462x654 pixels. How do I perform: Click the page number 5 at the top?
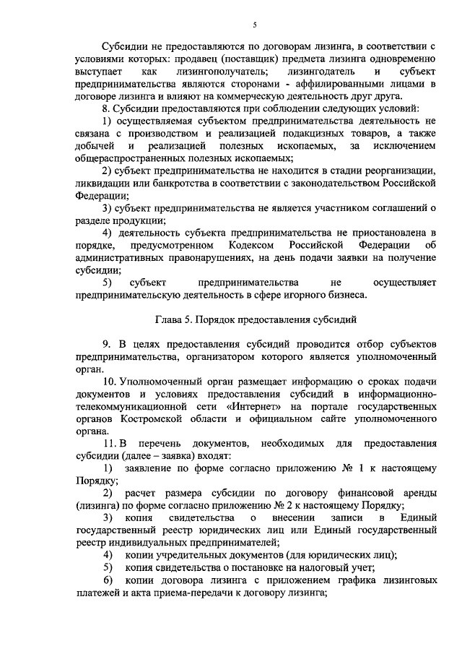pyautogui.click(x=255, y=27)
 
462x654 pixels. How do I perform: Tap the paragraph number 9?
pyautogui.click(x=105, y=344)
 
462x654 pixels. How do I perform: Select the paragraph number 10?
pyautogui.click(x=109, y=381)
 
